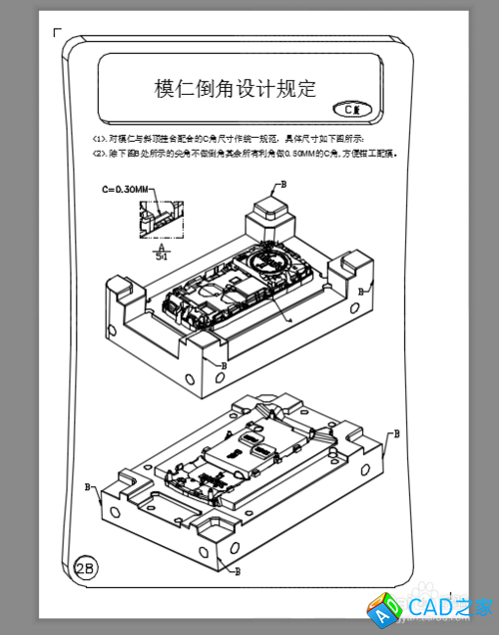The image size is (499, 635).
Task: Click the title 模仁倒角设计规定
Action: pyautogui.click(x=236, y=89)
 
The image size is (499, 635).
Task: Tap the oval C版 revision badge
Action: pyautogui.click(x=351, y=109)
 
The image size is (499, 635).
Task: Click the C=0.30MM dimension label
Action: pyautogui.click(x=125, y=189)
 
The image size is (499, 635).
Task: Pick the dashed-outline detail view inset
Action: pyautogui.click(x=159, y=218)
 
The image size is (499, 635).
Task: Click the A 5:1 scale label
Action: pyautogui.click(x=162, y=252)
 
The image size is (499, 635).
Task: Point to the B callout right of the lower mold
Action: pyautogui.click(x=396, y=434)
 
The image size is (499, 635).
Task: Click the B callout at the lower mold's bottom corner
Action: pyautogui.click(x=237, y=571)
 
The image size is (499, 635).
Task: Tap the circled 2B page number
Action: pyautogui.click(x=85, y=568)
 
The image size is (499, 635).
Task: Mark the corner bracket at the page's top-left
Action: pyautogui.click(x=57, y=33)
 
